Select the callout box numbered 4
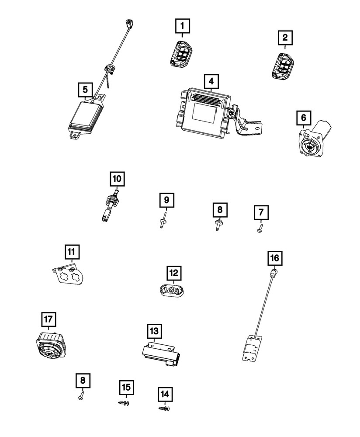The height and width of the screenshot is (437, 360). (x=211, y=81)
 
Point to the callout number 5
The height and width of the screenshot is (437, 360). (x=85, y=90)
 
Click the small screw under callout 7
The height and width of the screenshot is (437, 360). (x=260, y=228)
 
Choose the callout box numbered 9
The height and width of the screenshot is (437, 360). (x=166, y=201)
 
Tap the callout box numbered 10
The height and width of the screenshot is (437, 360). (x=117, y=179)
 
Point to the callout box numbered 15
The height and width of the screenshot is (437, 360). (x=126, y=387)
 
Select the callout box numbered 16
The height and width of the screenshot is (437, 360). (x=274, y=258)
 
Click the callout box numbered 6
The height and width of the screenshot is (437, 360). (x=304, y=118)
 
